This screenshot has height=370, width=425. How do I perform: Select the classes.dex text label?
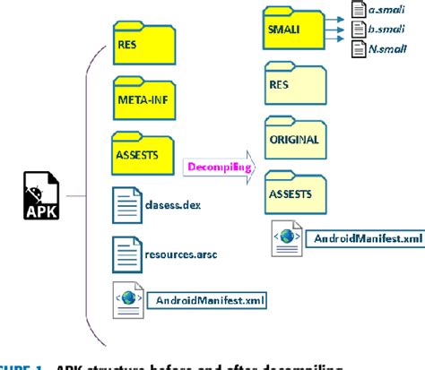[172, 204]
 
